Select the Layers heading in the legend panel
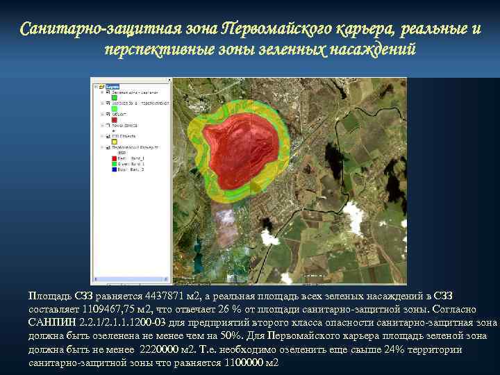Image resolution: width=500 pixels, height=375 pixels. point(112,87)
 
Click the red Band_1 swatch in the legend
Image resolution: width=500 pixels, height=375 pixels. point(115,158)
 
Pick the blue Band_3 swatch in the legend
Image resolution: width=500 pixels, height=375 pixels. point(115,169)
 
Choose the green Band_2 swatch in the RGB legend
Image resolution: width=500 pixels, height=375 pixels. point(115,164)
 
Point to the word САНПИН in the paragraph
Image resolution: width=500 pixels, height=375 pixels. point(51,322)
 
